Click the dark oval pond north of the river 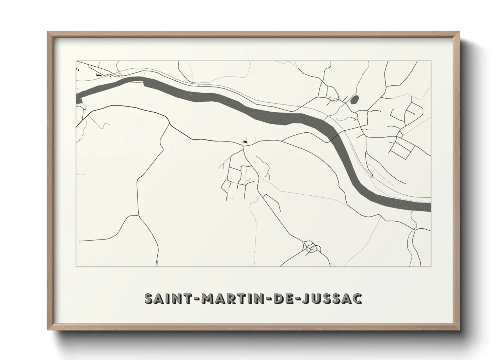354,100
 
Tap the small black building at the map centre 245,141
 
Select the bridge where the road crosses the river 331,139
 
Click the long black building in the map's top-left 99,75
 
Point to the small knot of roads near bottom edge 310,247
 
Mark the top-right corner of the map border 431,61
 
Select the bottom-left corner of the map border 76,266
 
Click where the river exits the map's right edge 430,207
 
